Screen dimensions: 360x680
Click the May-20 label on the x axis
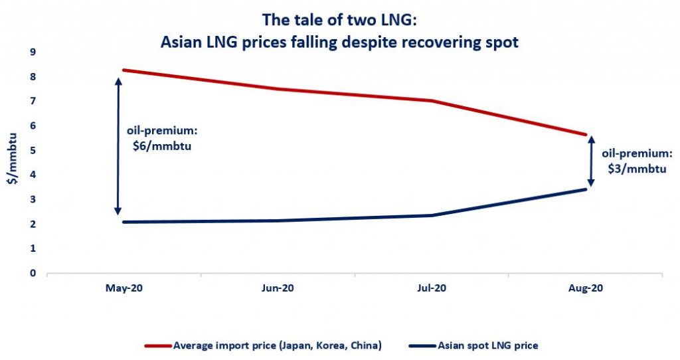point(124,290)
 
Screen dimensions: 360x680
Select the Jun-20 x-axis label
point(278,290)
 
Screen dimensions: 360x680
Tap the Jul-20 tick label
point(432,290)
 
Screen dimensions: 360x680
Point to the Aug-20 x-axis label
point(586,290)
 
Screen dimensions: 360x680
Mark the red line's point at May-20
point(124,70)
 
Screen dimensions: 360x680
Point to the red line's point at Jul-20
point(432,101)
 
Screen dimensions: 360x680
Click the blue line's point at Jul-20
point(432,215)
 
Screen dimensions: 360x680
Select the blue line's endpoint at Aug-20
point(586,189)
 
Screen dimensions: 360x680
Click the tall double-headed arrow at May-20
point(118,146)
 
